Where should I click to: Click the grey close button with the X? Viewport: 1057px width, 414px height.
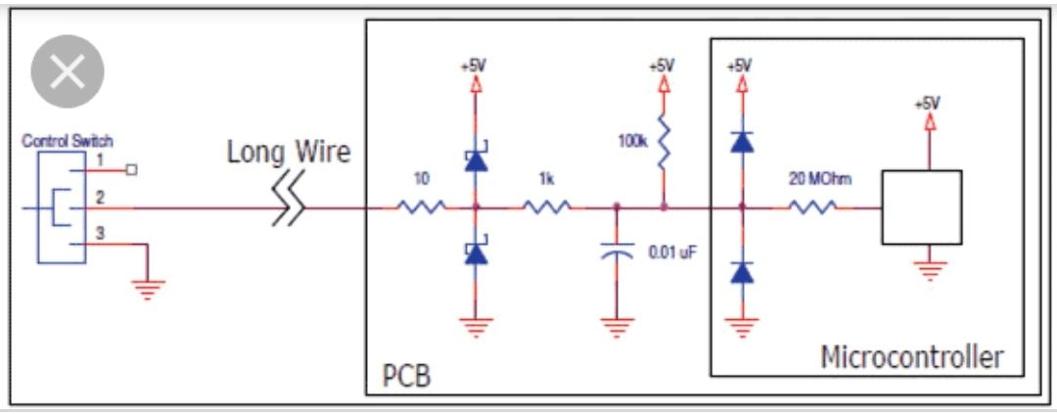(x=68, y=71)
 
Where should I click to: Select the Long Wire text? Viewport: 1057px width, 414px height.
(x=288, y=153)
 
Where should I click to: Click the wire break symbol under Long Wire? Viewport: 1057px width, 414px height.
(x=289, y=207)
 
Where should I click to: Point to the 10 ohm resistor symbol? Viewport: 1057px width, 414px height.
(x=421, y=207)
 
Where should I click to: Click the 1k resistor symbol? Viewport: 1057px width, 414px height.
(x=546, y=207)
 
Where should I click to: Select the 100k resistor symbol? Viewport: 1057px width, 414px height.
(x=663, y=144)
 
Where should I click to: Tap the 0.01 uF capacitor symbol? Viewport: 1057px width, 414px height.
(x=617, y=253)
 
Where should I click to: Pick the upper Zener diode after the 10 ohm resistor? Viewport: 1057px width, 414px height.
(x=476, y=159)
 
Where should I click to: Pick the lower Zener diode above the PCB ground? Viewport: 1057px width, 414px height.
(x=476, y=253)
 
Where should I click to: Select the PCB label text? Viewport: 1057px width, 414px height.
(x=406, y=375)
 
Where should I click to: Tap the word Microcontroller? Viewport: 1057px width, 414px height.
(x=911, y=357)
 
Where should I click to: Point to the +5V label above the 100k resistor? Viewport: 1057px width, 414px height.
(x=663, y=67)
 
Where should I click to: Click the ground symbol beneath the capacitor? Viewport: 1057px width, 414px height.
(x=617, y=327)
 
